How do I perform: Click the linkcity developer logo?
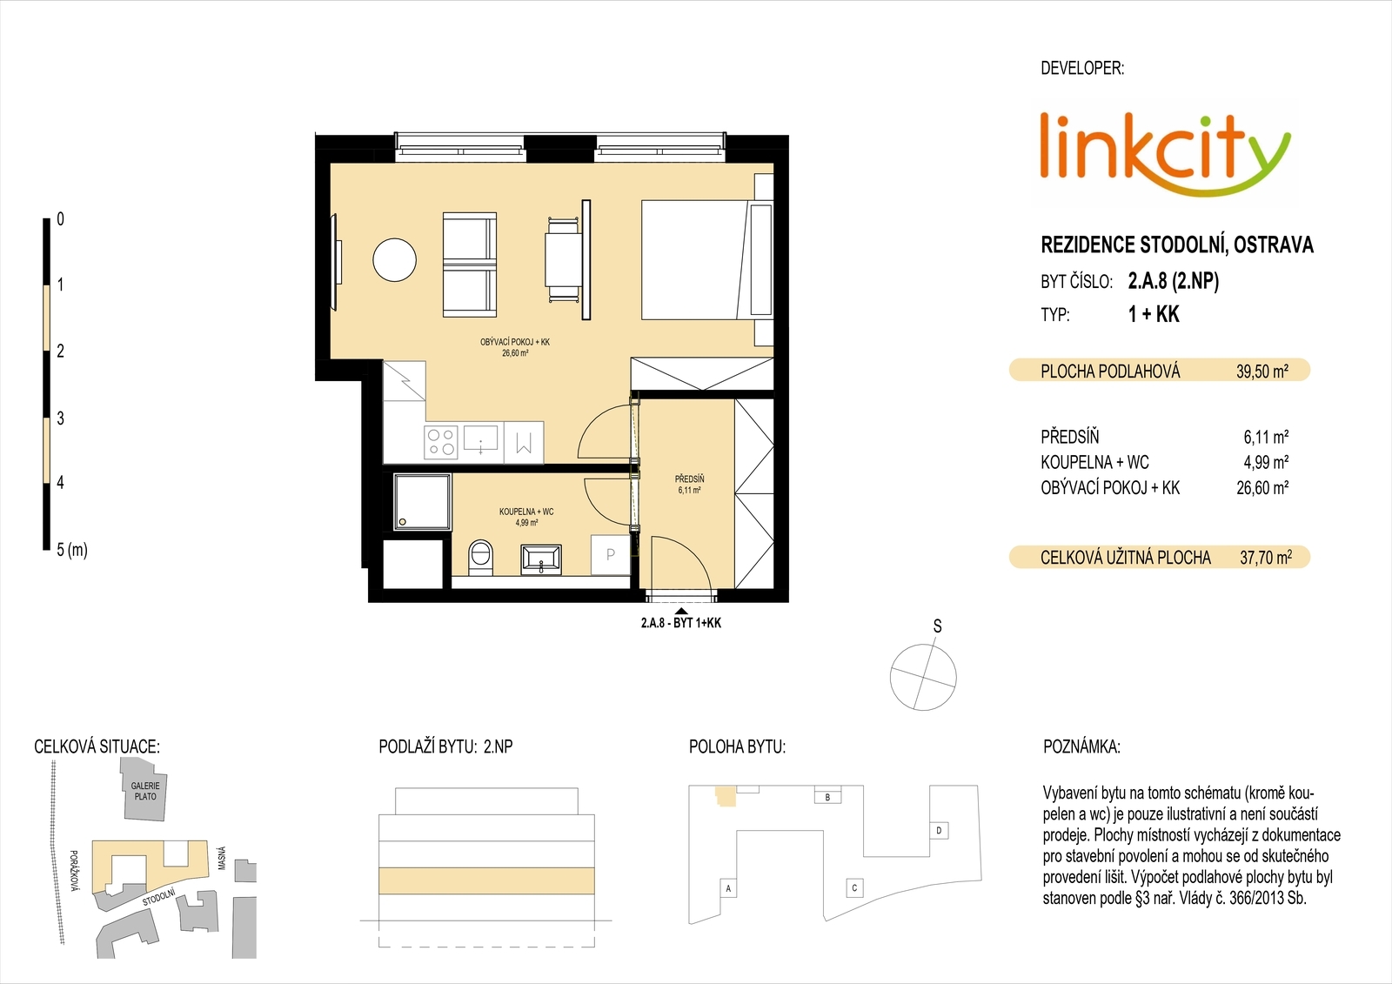[x=1165, y=156]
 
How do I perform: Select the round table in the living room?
[x=395, y=260]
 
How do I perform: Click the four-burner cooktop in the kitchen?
[x=441, y=441]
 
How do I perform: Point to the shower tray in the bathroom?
[x=422, y=502]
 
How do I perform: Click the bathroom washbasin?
[x=541, y=558]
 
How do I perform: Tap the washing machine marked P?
[x=610, y=554]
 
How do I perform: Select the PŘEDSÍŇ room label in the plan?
[x=689, y=479]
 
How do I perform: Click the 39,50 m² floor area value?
[x=1262, y=372]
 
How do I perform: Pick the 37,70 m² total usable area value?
[x=1266, y=558]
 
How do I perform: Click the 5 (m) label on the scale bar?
[x=72, y=550]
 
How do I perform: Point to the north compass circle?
[x=923, y=677]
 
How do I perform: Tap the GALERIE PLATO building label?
[x=144, y=792]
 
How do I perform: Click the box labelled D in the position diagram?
[x=939, y=831]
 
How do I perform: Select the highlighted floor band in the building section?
[x=486, y=880]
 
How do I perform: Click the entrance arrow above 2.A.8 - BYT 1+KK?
[x=682, y=612]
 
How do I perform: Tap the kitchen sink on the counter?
[x=481, y=438]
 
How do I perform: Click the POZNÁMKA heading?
[x=1081, y=746]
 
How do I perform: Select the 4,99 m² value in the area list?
[x=1266, y=463]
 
